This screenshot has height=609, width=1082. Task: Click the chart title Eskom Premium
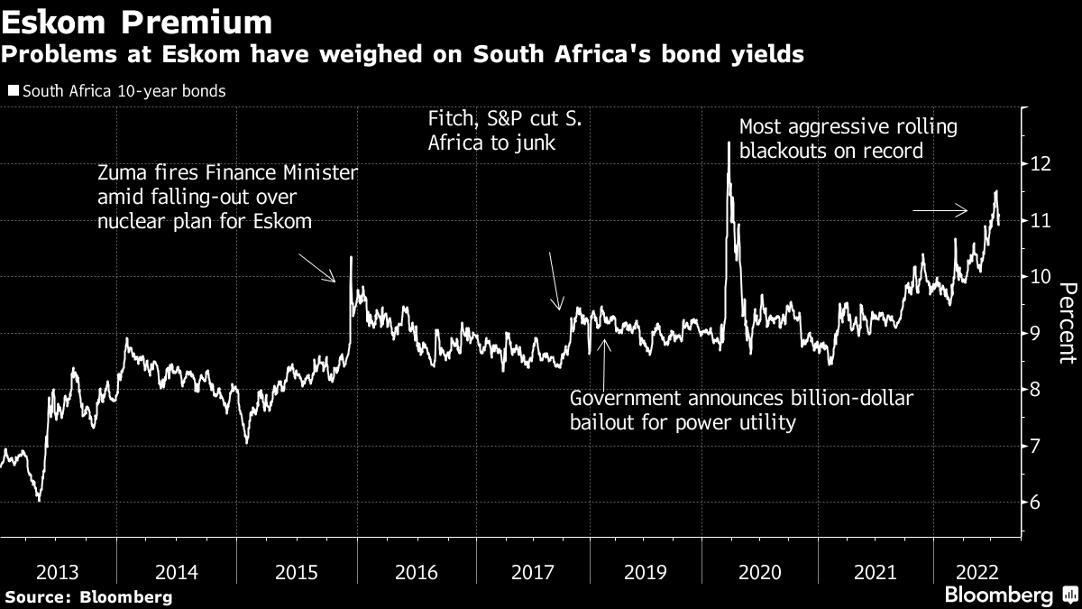coord(136,22)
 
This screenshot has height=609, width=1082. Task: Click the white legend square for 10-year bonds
coord(12,91)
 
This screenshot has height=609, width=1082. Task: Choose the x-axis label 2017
coord(533,571)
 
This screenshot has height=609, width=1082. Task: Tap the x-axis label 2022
coord(975,571)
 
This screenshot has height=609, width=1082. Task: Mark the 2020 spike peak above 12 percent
coord(728,143)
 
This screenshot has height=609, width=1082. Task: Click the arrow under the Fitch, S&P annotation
coord(555,281)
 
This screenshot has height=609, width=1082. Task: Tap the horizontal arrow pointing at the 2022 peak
coord(940,211)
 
